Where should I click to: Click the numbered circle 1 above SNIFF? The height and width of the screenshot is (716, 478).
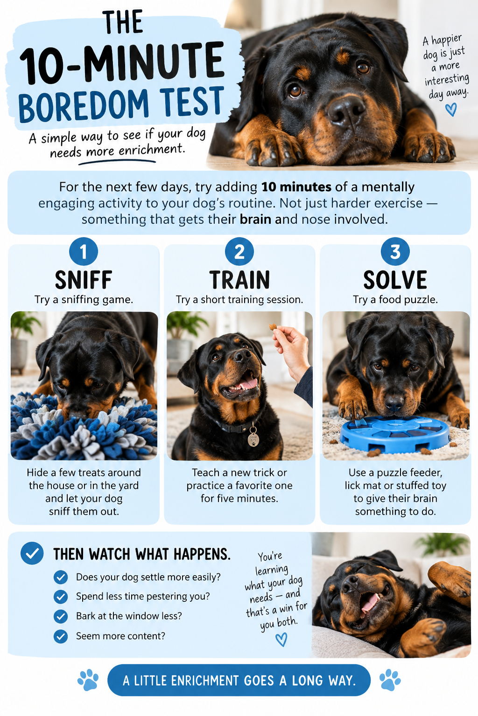click(x=84, y=252)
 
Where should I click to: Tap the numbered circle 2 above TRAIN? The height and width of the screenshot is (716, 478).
click(x=239, y=252)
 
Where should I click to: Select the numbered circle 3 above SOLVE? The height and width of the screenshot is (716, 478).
click(x=395, y=252)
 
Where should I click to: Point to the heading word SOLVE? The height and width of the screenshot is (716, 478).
click(x=395, y=280)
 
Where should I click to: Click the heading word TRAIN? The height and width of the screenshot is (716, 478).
click(x=239, y=280)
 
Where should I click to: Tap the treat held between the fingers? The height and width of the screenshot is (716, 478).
click(x=273, y=327)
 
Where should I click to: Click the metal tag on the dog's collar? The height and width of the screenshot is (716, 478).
click(x=253, y=439)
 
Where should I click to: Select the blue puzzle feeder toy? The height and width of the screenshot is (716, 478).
click(x=394, y=434)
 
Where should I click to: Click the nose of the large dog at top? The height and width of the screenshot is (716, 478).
click(x=346, y=112)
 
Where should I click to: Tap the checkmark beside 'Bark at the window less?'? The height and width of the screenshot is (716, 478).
click(x=61, y=616)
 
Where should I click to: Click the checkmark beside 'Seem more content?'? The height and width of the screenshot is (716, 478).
click(x=61, y=636)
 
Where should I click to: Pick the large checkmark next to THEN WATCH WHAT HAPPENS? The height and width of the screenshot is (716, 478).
click(x=32, y=553)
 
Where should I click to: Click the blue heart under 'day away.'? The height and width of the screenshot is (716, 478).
click(x=451, y=110)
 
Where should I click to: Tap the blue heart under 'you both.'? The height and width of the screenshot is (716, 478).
click(x=281, y=640)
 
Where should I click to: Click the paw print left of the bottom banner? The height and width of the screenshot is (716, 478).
click(x=88, y=680)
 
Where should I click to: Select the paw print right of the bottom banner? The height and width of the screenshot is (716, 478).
click(x=390, y=680)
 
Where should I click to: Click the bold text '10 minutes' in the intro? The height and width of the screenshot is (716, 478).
click(x=296, y=187)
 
